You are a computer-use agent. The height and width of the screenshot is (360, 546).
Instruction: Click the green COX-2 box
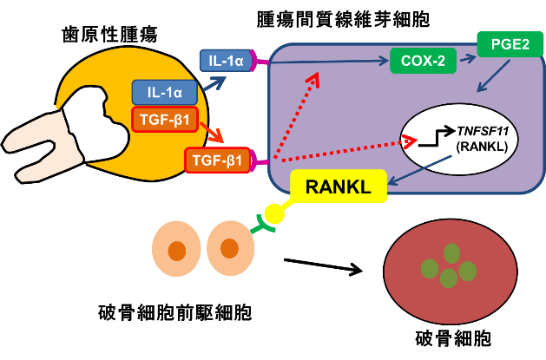423,61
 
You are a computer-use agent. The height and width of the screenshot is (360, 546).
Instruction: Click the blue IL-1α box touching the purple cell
225,61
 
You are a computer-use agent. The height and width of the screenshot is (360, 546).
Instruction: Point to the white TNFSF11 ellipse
459,142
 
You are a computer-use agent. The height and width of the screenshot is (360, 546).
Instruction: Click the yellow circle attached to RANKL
275,212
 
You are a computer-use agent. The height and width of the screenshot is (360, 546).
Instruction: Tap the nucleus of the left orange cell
176,251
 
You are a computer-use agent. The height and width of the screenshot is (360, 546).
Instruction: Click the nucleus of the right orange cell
229,249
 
